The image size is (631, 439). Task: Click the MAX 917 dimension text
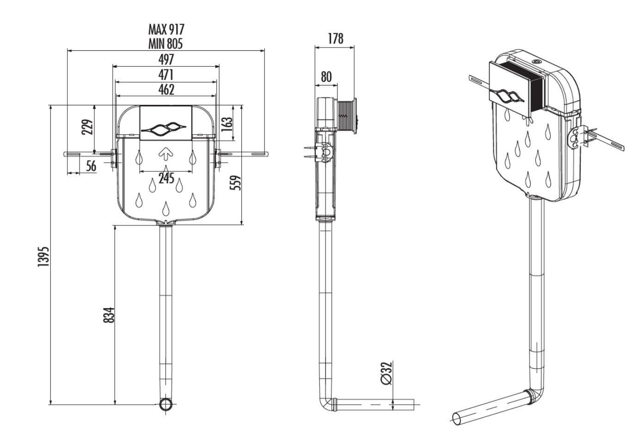pyautogui.click(x=166, y=30)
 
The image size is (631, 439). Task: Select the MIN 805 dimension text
pyautogui.click(x=166, y=44)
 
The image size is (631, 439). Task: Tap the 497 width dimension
pyautogui.click(x=166, y=59)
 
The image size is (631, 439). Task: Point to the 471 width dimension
pyautogui.click(x=166, y=74)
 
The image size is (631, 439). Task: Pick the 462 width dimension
pyautogui.click(x=166, y=89)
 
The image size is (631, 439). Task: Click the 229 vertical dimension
pyautogui.click(x=87, y=127)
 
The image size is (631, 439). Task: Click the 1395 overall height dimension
pyautogui.click(x=43, y=256)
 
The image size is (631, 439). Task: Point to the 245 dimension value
pyautogui.click(x=166, y=178)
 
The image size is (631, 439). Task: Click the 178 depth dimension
pyautogui.click(x=335, y=38)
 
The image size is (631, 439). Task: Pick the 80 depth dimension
pyautogui.click(x=326, y=77)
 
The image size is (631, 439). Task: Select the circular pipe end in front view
pyautogui.click(x=166, y=405)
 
